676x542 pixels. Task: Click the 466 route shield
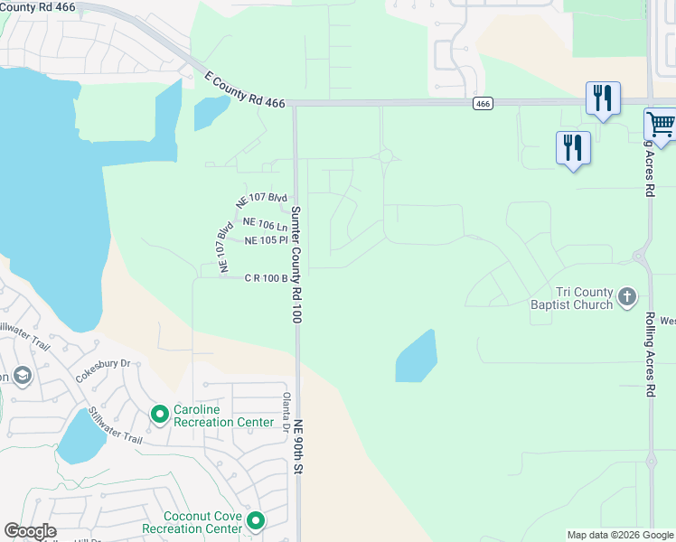pos(482,104)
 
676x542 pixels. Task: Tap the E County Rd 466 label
pos(245,91)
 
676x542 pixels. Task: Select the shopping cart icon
pos(661,126)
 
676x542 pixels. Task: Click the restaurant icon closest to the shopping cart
pos(603,98)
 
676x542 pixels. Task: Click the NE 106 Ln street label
pos(265,223)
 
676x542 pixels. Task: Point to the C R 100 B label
pos(266,279)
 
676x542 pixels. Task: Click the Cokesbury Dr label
pos(103,370)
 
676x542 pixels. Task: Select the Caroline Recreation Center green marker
pos(160,415)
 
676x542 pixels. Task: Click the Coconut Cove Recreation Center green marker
pos(256,520)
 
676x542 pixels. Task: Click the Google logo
pos(30,531)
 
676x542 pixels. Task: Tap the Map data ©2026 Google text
pos(620,535)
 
